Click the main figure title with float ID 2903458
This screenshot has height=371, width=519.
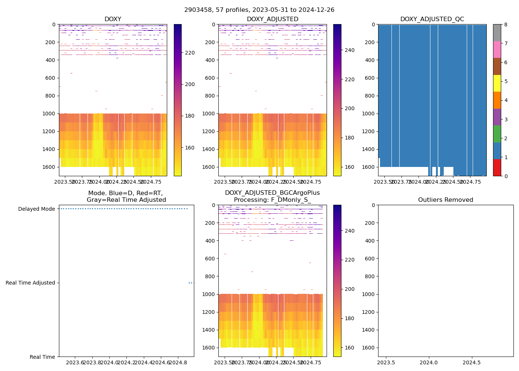[x=259, y=10]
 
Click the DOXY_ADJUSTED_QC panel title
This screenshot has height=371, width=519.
[x=432, y=19]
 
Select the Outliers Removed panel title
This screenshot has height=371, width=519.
[x=446, y=200]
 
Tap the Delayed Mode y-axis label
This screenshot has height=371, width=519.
[x=36, y=209]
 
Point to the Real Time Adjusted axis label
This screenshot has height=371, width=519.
[x=30, y=283]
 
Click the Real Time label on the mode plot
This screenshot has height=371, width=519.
[x=42, y=357]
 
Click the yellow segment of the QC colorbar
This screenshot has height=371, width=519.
[x=497, y=83]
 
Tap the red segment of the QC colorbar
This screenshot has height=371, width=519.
[x=497, y=168]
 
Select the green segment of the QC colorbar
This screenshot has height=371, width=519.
[x=497, y=134]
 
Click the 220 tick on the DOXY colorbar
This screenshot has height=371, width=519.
[x=190, y=53]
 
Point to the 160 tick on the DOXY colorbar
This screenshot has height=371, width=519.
[x=190, y=148]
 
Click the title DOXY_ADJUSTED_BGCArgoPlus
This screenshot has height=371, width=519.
[x=272, y=193]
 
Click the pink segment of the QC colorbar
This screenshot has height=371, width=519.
[x=497, y=49]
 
